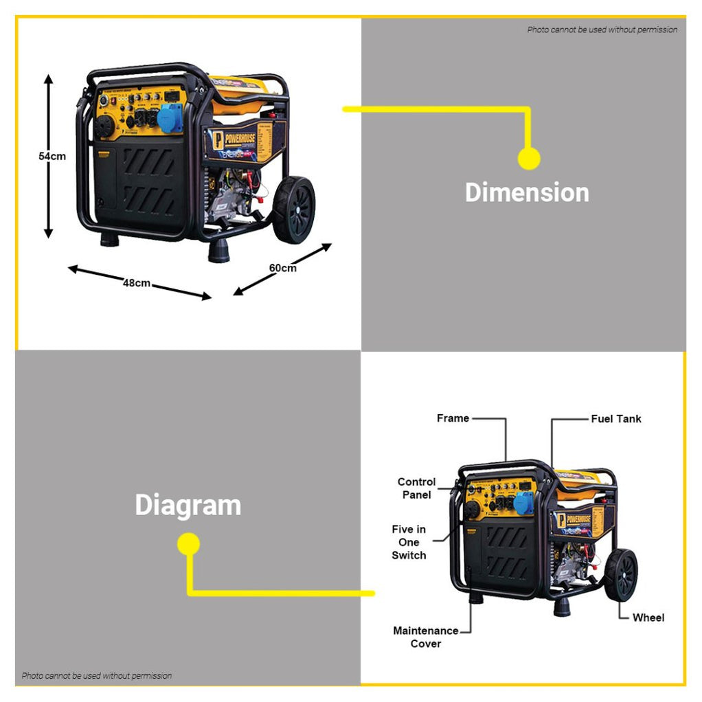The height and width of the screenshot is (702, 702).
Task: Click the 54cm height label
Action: point(52,156)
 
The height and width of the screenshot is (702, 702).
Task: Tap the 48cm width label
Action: point(137,282)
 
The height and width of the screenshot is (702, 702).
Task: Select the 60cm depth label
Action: point(282,267)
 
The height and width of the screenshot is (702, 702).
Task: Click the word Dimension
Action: point(527,192)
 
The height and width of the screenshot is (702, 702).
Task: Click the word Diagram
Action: point(188,505)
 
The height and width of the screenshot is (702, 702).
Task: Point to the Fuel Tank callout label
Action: point(616,418)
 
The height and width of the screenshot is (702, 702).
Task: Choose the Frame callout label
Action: point(453,418)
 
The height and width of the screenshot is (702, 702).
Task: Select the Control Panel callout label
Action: point(416,488)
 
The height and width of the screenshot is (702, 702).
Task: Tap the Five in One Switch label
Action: point(409,542)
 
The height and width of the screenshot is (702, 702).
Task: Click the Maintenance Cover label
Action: point(426,637)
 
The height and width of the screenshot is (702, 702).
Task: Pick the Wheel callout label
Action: point(648,618)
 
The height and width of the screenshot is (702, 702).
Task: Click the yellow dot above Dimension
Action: point(528,159)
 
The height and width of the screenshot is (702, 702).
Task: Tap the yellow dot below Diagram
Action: point(188,545)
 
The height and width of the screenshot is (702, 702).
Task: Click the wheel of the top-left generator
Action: point(295,210)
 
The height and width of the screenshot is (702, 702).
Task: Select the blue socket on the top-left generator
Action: point(170,119)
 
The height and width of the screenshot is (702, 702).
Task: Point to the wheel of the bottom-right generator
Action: point(621,575)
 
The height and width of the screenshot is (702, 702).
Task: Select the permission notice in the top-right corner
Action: point(602,30)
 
